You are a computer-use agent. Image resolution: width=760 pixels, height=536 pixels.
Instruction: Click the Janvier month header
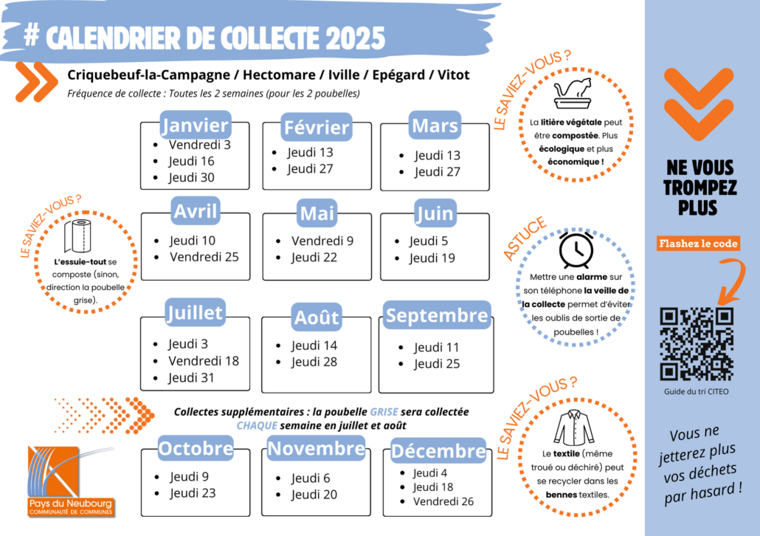(196, 125)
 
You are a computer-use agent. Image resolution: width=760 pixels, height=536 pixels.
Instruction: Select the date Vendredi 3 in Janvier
(199, 145)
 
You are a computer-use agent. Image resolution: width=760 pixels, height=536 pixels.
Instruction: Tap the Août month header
(317, 317)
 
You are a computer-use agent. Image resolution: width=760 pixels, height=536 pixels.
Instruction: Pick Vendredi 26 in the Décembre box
(443, 501)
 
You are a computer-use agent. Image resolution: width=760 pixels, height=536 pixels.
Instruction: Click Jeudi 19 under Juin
(432, 258)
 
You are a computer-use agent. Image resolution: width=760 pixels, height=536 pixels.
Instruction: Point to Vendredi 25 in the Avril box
(204, 257)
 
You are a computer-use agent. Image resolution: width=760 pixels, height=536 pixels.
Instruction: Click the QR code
(697, 343)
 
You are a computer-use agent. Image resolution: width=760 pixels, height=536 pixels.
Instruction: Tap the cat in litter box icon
(573, 93)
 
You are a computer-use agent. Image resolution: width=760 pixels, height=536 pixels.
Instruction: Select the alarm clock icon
(576, 250)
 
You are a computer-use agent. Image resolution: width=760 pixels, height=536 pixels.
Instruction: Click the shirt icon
(574, 427)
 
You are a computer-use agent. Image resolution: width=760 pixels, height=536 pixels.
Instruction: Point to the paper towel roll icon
(77, 236)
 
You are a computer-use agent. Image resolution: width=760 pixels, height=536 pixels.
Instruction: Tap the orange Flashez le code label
(699, 244)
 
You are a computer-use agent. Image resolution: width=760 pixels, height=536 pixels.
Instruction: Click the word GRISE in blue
(384, 412)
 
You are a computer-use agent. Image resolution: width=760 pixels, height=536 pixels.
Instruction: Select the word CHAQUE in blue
(257, 425)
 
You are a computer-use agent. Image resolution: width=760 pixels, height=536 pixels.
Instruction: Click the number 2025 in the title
(355, 38)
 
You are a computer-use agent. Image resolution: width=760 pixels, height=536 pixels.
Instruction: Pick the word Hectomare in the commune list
(279, 75)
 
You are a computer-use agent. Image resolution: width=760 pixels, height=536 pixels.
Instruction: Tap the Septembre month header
(437, 315)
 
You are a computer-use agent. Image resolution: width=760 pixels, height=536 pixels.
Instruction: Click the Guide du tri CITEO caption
(696, 391)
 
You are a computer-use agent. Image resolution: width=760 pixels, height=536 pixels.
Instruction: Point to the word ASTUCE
(525, 239)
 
